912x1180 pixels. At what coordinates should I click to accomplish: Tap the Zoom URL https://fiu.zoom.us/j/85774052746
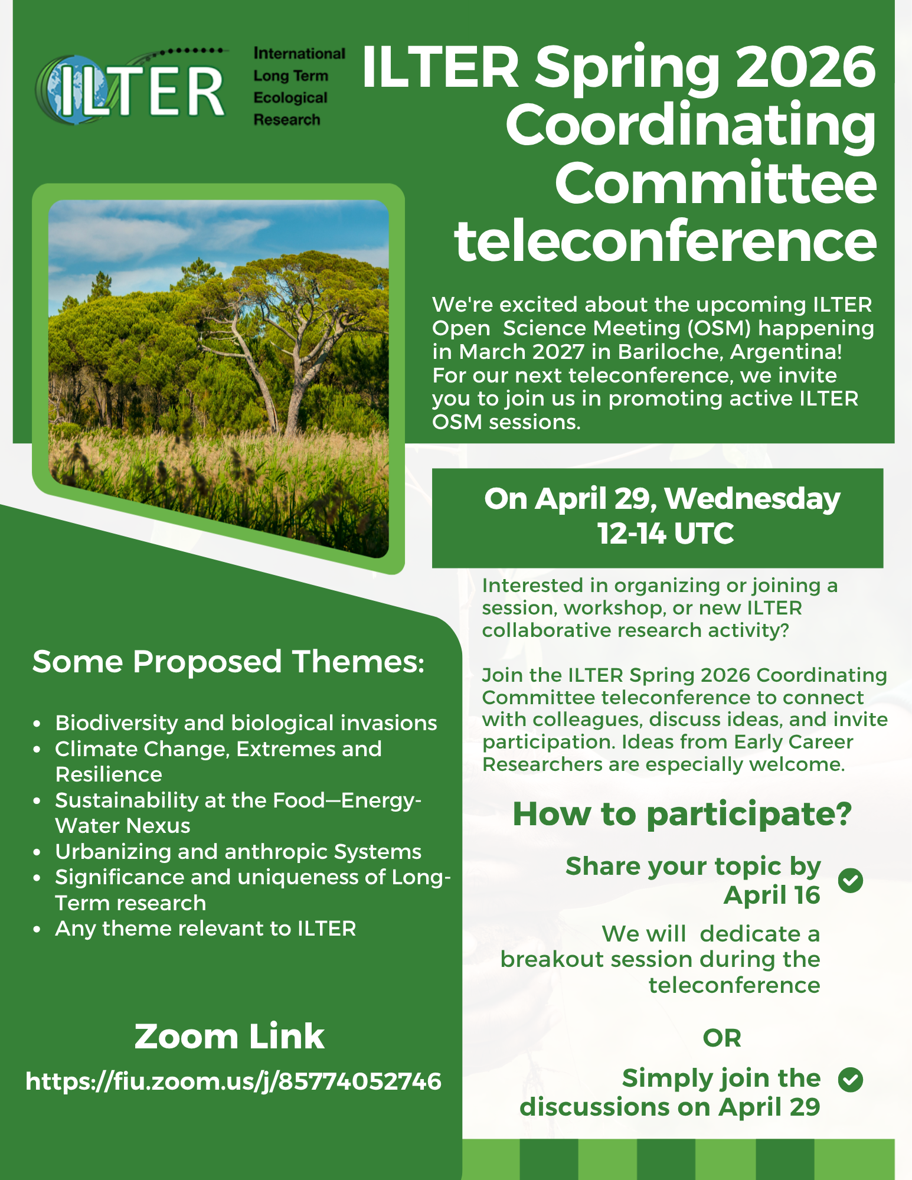pyautogui.click(x=233, y=1081)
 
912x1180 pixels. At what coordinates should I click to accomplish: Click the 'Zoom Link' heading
pyautogui.click(x=229, y=1037)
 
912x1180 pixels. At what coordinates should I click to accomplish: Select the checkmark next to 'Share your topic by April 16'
pyautogui.click(x=850, y=881)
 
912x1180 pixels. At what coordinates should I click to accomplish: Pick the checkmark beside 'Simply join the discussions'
pyautogui.click(x=850, y=1080)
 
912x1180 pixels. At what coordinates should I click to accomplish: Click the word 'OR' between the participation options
pyautogui.click(x=721, y=1038)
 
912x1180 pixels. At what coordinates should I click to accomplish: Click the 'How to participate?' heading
pyautogui.click(x=682, y=814)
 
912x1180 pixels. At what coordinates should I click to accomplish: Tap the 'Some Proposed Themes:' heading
pyautogui.click(x=228, y=662)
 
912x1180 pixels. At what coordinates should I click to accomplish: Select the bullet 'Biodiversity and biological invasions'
pyautogui.click(x=246, y=723)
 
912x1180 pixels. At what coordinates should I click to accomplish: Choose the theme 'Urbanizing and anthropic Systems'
pyautogui.click(x=238, y=852)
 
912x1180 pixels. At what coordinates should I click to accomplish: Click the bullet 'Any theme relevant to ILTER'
pyautogui.click(x=205, y=929)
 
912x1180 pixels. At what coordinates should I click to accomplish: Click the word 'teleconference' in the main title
pyautogui.click(x=665, y=241)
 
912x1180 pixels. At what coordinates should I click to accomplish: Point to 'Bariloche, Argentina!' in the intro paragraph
pyautogui.click(x=730, y=352)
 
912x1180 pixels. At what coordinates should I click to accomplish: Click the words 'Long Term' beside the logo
pyautogui.click(x=290, y=76)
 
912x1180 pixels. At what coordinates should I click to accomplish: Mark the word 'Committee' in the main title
pyautogui.click(x=715, y=183)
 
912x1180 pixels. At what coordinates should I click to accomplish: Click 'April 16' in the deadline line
pyautogui.click(x=772, y=895)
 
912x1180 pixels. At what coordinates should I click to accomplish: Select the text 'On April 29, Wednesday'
pyautogui.click(x=662, y=499)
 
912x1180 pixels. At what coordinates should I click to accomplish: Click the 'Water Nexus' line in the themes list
pyautogui.click(x=123, y=826)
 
